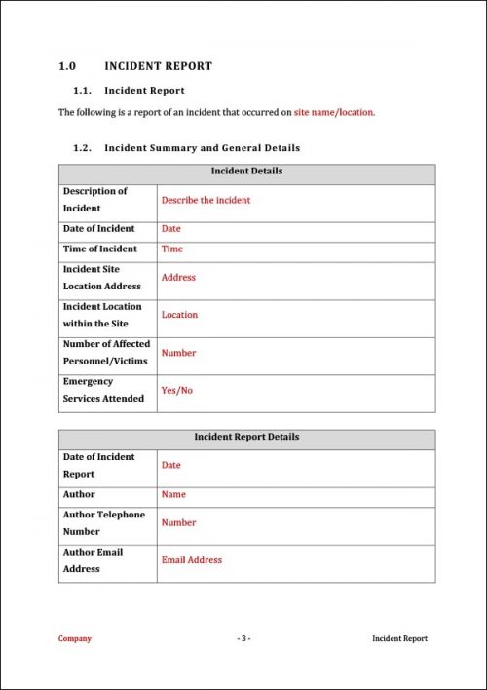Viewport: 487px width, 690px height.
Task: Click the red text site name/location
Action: coord(334,112)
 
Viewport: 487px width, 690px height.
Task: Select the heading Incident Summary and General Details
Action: coord(202,148)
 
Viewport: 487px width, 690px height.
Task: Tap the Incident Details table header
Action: coord(246,171)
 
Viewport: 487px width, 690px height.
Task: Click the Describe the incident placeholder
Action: coord(206,200)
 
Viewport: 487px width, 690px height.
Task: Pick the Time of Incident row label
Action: coord(100,249)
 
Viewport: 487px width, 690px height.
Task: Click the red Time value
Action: coord(171,249)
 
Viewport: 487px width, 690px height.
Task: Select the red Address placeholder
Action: coord(178,277)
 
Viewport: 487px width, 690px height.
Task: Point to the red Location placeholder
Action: coord(179,315)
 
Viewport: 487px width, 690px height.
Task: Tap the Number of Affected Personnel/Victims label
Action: coord(106,352)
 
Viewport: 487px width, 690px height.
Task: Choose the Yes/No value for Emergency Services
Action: coord(177,390)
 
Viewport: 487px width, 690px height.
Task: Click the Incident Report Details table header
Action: coord(246,437)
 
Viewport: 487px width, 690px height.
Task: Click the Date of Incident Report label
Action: coord(98,465)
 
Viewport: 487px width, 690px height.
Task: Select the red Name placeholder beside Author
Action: coord(173,494)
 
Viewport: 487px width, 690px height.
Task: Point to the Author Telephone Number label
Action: coord(103,522)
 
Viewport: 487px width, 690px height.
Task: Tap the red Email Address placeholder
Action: coord(191,560)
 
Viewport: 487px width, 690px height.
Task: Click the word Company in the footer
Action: coord(75,638)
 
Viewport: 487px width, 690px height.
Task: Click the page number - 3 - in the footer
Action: coord(243,638)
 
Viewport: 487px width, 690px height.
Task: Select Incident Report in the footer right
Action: coord(399,638)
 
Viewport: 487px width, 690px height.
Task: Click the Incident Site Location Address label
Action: coord(101,277)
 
